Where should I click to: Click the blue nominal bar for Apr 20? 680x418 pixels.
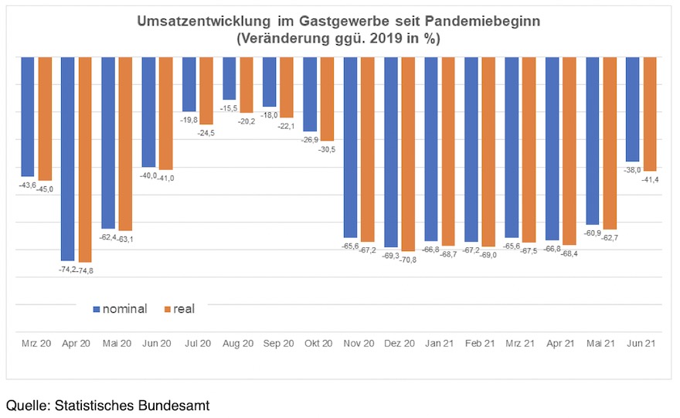click(x=68, y=158)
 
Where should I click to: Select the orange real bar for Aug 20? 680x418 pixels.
click(x=246, y=85)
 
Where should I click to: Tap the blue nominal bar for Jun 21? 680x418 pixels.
click(x=632, y=109)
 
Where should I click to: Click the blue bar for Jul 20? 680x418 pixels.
click(x=189, y=84)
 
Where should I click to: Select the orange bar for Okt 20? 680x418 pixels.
click(x=327, y=99)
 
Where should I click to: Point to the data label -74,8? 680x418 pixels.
click(x=85, y=270)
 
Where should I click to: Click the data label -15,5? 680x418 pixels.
click(x=229, y=107)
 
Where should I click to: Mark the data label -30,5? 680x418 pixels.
click(x=328, y=148)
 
